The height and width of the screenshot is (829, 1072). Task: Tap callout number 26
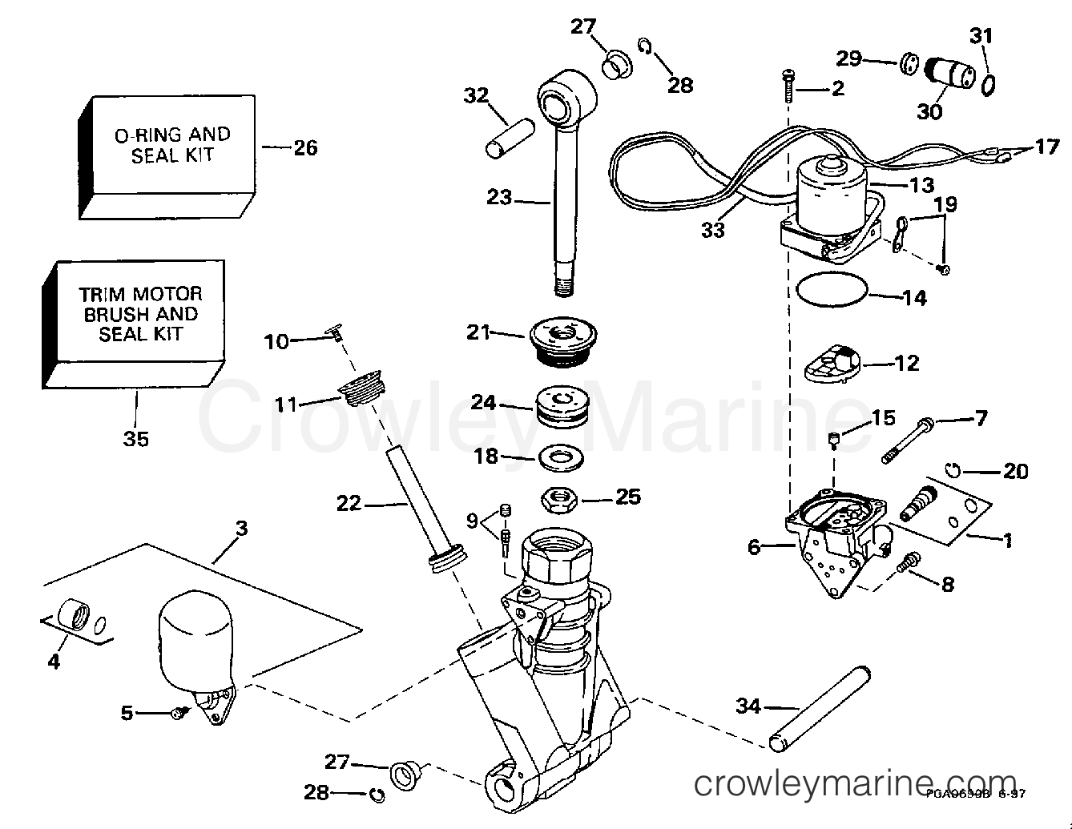coord(304,147)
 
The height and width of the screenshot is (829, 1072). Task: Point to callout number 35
coord(136,438)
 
